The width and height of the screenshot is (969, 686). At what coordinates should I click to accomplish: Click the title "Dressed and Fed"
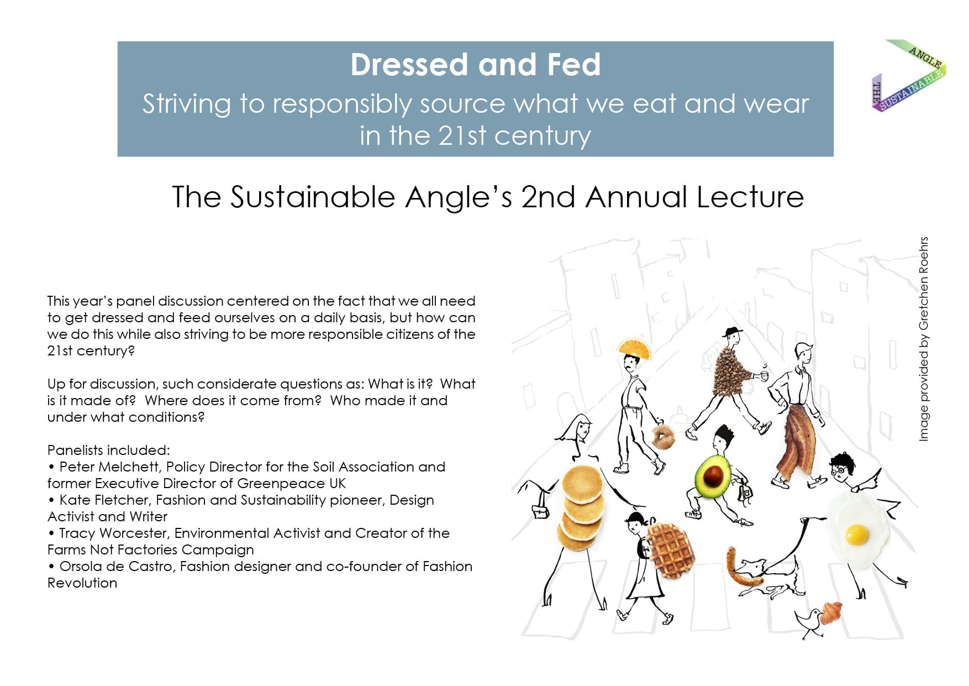pos(475,65)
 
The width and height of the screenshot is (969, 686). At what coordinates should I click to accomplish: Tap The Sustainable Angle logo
pos(909,75)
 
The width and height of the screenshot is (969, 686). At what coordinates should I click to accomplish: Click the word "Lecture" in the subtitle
pos(750,197)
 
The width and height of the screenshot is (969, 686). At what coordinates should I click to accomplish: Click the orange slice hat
pos(634,348)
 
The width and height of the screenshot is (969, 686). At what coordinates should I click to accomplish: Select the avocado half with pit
pos(713,476)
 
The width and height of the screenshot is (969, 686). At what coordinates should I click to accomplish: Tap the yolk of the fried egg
pos(856,534)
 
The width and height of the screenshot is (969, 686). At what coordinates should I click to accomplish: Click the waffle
pos(670,550)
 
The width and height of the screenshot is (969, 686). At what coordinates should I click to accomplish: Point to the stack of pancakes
pos(581,507)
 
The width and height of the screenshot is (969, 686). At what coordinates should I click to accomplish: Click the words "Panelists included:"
pos(109,451)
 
